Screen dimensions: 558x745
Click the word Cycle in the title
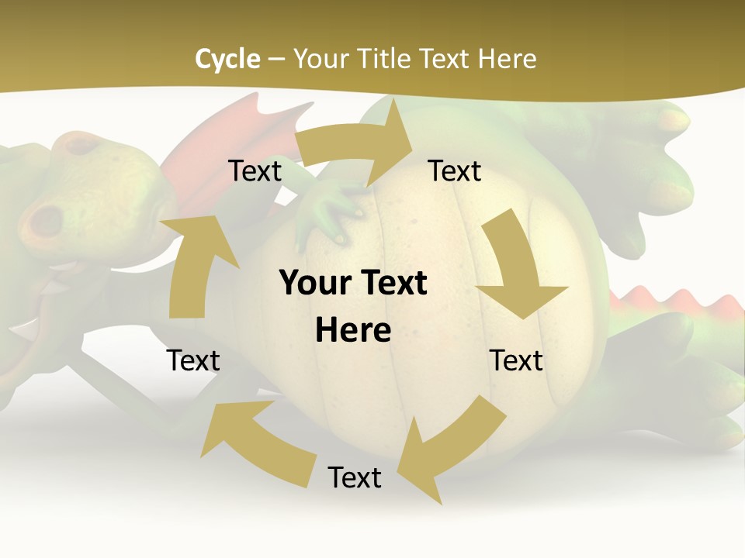click(227, 58)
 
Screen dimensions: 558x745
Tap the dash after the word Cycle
click(276, 59)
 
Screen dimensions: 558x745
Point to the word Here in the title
click(508, 58)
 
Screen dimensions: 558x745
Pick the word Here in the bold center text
click(353, 331)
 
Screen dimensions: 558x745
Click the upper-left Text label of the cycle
click(255, 170)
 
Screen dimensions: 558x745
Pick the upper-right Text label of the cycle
click(455, 170)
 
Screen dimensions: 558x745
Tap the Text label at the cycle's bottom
click(355, 477)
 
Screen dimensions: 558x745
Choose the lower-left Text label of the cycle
click(193, 360)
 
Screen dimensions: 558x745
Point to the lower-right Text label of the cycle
click(516, 360)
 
